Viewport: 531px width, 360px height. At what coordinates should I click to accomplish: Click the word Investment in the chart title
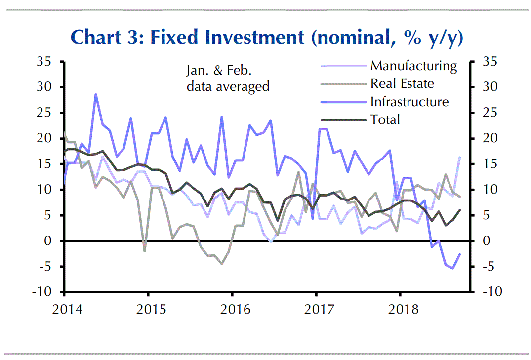click(x=249, y=38)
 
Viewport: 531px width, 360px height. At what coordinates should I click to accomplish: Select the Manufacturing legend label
click(x=413, y=66)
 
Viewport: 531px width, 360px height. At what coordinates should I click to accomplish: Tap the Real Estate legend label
click(x=402, y=83)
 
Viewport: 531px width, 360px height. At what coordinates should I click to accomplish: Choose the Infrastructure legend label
click(x=409, y=102)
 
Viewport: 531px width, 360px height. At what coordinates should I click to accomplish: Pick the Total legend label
click(x=385, y=120)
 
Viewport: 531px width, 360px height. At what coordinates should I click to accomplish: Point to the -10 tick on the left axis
click(x=41, y=292)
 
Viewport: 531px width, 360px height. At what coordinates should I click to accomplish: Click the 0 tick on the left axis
click(x=47, y=241)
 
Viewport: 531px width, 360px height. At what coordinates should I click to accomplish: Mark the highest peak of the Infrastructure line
click(x=95, y=94)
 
